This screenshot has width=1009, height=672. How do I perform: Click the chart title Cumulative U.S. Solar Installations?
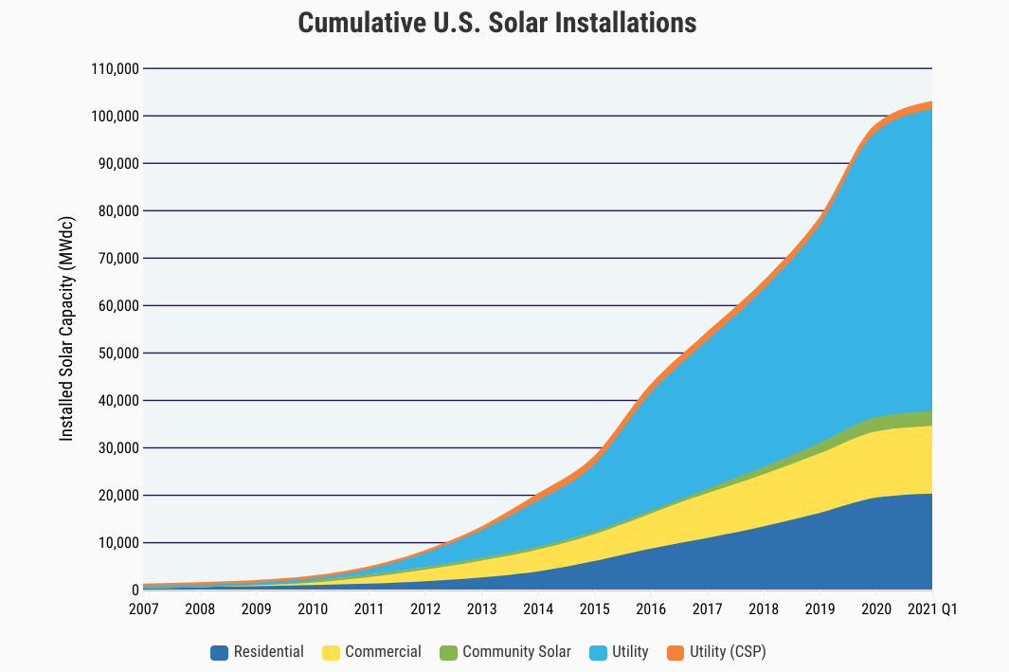[x=497, y=24]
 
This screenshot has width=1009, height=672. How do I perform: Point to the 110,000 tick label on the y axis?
[x=113, y=69]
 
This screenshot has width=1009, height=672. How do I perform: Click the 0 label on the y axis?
[x=135, y=590]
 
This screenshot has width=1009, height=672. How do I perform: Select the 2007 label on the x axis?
[x=144, y=608]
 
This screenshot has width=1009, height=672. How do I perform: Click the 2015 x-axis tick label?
[x=594, y=608]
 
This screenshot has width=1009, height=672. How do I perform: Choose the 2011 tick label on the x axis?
[x=369, y=608]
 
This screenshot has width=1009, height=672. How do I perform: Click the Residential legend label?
[x=269, y=652]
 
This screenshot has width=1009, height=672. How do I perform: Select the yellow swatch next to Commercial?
[x=331, y=652]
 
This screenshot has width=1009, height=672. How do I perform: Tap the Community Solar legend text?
[x=516, y=652]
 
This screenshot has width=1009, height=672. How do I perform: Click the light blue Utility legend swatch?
[x=599, y=652]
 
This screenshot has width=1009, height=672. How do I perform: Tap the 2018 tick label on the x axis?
[x=764, y=608]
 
